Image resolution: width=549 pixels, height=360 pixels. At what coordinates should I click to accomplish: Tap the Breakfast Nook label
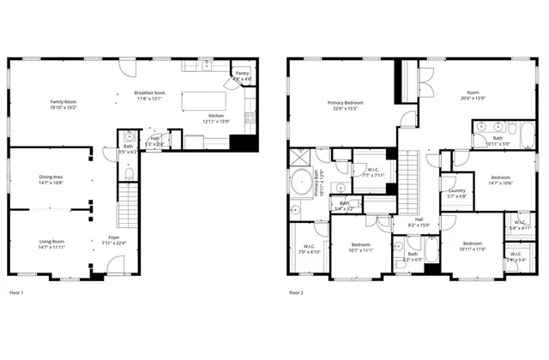(154, 93)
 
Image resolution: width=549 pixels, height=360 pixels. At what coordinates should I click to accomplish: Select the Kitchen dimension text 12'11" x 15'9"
(218, 121)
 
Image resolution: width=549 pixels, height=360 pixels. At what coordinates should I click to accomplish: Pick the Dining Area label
(51, 177)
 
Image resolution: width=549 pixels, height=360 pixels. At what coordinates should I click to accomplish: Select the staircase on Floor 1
(126, 207)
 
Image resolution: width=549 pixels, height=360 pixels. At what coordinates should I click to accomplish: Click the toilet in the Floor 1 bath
(128, 174)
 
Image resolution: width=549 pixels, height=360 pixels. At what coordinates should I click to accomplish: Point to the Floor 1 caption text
(16, 293)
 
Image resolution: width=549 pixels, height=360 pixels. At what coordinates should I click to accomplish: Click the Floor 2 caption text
(296, 293)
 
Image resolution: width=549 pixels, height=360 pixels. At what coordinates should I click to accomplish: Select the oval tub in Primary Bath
(302, 182)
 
